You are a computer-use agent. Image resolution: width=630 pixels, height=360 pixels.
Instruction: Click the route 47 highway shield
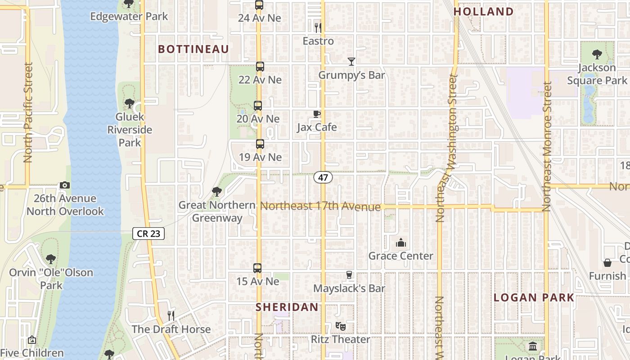[323, 177]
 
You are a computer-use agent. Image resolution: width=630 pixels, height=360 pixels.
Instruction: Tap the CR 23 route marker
[148, 234]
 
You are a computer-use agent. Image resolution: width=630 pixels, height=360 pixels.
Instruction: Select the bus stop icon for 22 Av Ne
[260, 67]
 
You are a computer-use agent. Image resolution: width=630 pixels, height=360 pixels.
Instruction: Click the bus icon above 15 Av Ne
[257, 268]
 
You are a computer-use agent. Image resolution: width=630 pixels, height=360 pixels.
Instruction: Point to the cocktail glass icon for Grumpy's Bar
[351, 62]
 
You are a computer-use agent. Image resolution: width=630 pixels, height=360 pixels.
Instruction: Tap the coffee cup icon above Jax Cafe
[317, 114]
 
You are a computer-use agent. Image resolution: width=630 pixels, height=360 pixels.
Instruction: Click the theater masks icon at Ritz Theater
[340, 326]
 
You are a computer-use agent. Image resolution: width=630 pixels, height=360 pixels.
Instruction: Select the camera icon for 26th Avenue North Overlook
[65, 185]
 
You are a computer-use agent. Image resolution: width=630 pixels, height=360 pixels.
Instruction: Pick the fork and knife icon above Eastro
[318, 27]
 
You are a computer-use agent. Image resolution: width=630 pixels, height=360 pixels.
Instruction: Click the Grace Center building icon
[400, 243]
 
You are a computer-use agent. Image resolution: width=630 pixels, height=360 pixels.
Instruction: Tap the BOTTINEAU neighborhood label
[193, 49]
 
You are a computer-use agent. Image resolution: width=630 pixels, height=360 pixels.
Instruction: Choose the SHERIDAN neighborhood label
[287, 307]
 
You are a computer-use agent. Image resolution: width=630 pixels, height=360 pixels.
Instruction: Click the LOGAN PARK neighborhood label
[534, 297]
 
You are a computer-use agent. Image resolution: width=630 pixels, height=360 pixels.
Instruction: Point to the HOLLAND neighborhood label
[484, 12]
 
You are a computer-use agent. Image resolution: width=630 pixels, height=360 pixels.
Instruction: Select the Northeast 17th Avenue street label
[321, 207]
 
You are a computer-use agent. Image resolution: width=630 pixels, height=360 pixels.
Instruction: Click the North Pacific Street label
[28, 112]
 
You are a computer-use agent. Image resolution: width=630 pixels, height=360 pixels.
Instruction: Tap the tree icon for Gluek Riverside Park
[130, 103]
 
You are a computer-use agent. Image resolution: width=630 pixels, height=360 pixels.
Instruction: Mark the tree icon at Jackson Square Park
[597, 54]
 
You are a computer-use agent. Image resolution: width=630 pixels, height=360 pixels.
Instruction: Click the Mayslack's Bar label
[349, 288]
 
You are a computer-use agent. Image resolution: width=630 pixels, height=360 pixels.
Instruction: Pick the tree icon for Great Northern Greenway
[217, 192]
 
